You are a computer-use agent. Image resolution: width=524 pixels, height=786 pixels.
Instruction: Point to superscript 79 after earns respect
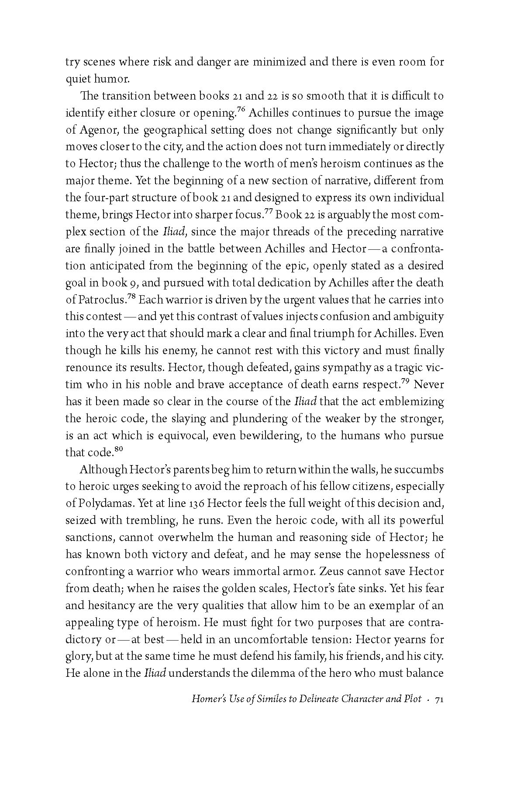407,382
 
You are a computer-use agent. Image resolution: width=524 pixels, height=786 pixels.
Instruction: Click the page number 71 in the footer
439,711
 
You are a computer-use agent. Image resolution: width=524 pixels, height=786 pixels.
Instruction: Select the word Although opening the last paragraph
103,469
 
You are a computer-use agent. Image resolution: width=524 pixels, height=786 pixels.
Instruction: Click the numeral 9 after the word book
136,283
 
